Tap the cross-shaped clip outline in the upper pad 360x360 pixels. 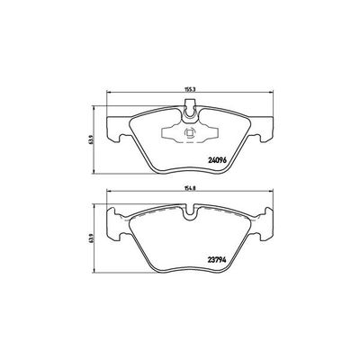188,135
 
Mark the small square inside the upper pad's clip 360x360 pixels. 188,135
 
